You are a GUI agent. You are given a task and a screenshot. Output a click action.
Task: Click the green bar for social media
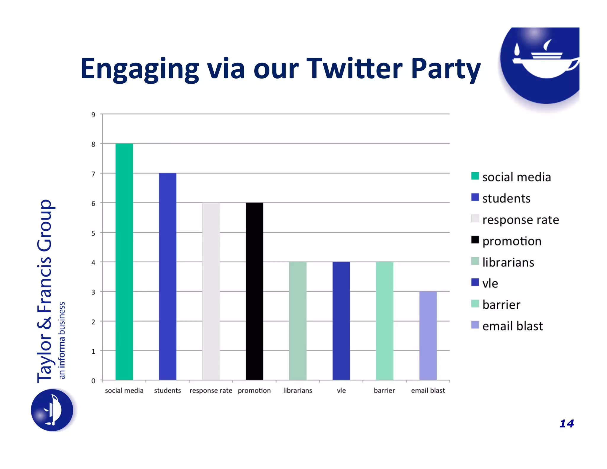(x=124, y=261)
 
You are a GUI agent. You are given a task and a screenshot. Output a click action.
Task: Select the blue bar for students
(x=167, y=276)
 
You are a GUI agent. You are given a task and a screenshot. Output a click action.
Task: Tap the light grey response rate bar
(x=211, y=291)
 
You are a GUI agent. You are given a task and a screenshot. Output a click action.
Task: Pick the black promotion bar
(x=254, y=291)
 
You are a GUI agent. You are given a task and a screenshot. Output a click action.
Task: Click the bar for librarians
(x=298, y=321)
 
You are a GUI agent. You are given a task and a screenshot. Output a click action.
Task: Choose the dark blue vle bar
(x=341, y=321)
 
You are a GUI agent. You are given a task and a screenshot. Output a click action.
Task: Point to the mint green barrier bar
(x=384, y=321)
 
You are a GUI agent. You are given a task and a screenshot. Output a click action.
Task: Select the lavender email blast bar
(x=428, y=336)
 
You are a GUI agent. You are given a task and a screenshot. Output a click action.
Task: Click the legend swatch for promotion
(x=475, y=240)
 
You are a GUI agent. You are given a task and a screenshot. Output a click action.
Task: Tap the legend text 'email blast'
(x=512, y=326)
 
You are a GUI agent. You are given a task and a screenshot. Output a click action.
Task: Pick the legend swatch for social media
(x=475, y=176)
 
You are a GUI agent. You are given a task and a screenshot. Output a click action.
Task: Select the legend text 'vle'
(x=490, y=283)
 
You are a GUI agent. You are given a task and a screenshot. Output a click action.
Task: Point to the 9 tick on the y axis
(x=93, y=115)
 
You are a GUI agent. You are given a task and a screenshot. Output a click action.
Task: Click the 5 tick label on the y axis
(x=93, y=233)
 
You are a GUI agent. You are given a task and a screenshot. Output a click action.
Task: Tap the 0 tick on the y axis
(x=93, y=381)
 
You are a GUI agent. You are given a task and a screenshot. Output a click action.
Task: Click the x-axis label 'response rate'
(x=211, y=391)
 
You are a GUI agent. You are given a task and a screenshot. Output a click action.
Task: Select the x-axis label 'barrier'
(x=384, y=390)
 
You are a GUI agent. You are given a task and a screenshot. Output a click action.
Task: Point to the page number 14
(x=566, y=423)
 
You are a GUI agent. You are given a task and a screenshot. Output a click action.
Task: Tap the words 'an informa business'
(x=62, y=340)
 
